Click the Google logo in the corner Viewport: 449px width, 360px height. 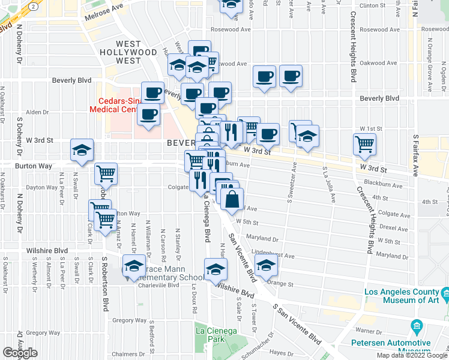20,353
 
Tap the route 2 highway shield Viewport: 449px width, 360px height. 35,5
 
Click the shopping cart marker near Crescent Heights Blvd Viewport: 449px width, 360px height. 365,145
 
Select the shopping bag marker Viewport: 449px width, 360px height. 233,199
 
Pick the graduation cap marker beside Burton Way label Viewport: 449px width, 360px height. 82,151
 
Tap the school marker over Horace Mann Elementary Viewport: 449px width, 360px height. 134,266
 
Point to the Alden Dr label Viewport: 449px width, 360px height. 37,112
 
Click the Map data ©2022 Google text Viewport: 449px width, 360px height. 412,355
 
